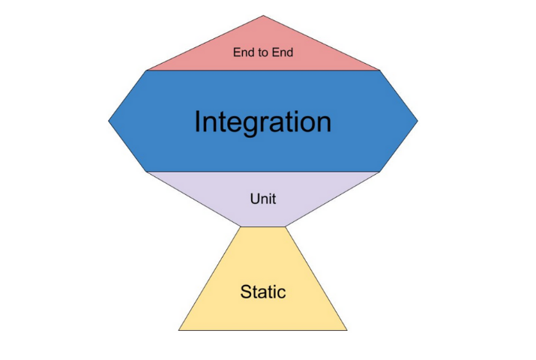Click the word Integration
262,121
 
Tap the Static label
262,292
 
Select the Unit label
262,199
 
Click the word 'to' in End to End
262,52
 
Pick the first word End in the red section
244,52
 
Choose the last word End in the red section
281,52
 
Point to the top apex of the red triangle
263,16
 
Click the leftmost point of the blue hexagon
109,120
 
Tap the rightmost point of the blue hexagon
417,120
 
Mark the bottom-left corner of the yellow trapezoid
179,329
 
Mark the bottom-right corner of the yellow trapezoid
347,329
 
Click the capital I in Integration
198,121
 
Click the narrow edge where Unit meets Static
262,226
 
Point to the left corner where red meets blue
146,70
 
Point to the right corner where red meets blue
380,70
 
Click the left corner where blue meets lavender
146,171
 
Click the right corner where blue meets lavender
380,171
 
